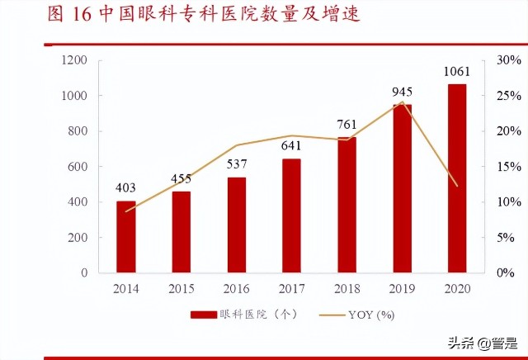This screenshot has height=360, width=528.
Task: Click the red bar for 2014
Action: (x=126, y=237)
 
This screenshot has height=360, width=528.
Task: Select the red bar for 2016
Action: (x=237, y=225)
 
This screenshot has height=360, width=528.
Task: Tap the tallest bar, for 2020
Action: (x=457, y=178)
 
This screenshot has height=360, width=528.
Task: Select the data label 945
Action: (x=403, y=92)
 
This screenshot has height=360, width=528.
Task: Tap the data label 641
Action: (x=292, y=146)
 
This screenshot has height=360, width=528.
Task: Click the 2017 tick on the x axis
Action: (x=292, y=289)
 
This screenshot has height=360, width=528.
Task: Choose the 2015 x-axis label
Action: (x=181, y=289)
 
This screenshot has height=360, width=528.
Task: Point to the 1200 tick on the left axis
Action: (x=74, y=60)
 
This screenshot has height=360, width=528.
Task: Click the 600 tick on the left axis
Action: (x=78, y=167)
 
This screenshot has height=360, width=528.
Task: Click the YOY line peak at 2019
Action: (x=402, y=103)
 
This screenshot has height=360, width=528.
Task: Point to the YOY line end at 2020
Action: (x=457, y=186)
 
